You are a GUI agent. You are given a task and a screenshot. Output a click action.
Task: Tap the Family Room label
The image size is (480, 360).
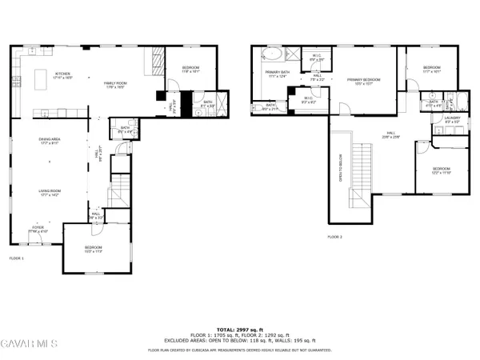tap(117, 83)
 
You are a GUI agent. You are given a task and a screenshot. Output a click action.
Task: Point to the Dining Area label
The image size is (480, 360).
tap(50, 142)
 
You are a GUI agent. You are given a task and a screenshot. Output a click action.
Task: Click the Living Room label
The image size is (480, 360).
tap(50, 192)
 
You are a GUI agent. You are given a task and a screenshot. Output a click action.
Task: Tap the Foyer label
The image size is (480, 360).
tap(38, 229)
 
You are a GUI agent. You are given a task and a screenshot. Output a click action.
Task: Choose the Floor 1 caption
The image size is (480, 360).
tap(17, 258)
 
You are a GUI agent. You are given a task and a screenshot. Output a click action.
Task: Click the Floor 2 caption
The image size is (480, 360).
tap(334, 238)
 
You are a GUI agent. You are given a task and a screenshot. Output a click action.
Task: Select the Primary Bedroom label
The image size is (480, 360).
tap(363, 80)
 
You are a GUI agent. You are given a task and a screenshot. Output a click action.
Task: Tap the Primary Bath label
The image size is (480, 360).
tap(278, 74)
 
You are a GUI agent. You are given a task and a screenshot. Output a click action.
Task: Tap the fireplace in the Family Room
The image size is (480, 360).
tap(157, 61)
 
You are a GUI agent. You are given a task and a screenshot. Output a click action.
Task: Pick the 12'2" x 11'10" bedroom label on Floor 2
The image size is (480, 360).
tap(442, 170)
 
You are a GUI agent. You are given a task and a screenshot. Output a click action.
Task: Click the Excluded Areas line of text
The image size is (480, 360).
tap(240, 340)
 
